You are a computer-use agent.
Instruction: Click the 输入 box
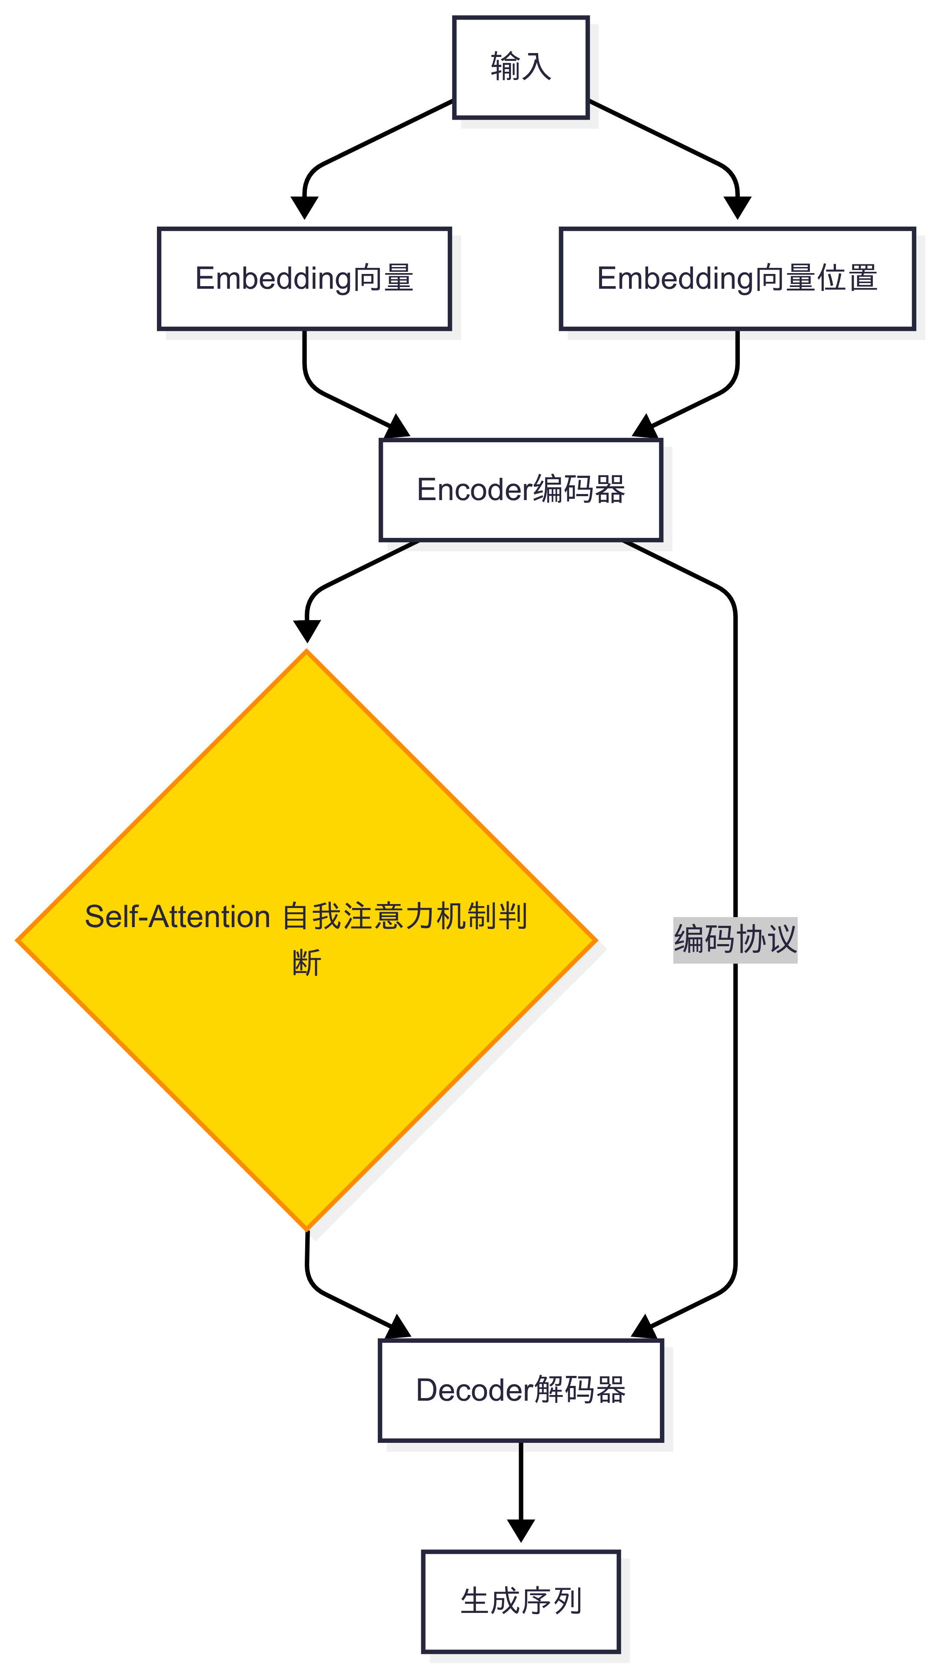(521, 67)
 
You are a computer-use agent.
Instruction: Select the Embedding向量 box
(304, 279)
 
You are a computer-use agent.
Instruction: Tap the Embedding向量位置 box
(737, 279)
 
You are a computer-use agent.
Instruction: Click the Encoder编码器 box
(521, 490)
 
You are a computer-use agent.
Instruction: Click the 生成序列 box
(521, 1602)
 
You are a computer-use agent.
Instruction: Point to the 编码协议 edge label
(735, 939)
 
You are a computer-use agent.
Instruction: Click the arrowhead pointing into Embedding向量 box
(304, 207)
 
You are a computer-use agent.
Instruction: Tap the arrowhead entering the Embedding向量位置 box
(737, 207)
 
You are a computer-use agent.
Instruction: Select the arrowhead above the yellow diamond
(307, 631)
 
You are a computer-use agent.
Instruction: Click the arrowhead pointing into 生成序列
(521, 1530)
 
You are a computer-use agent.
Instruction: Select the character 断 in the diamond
(306, 963)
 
